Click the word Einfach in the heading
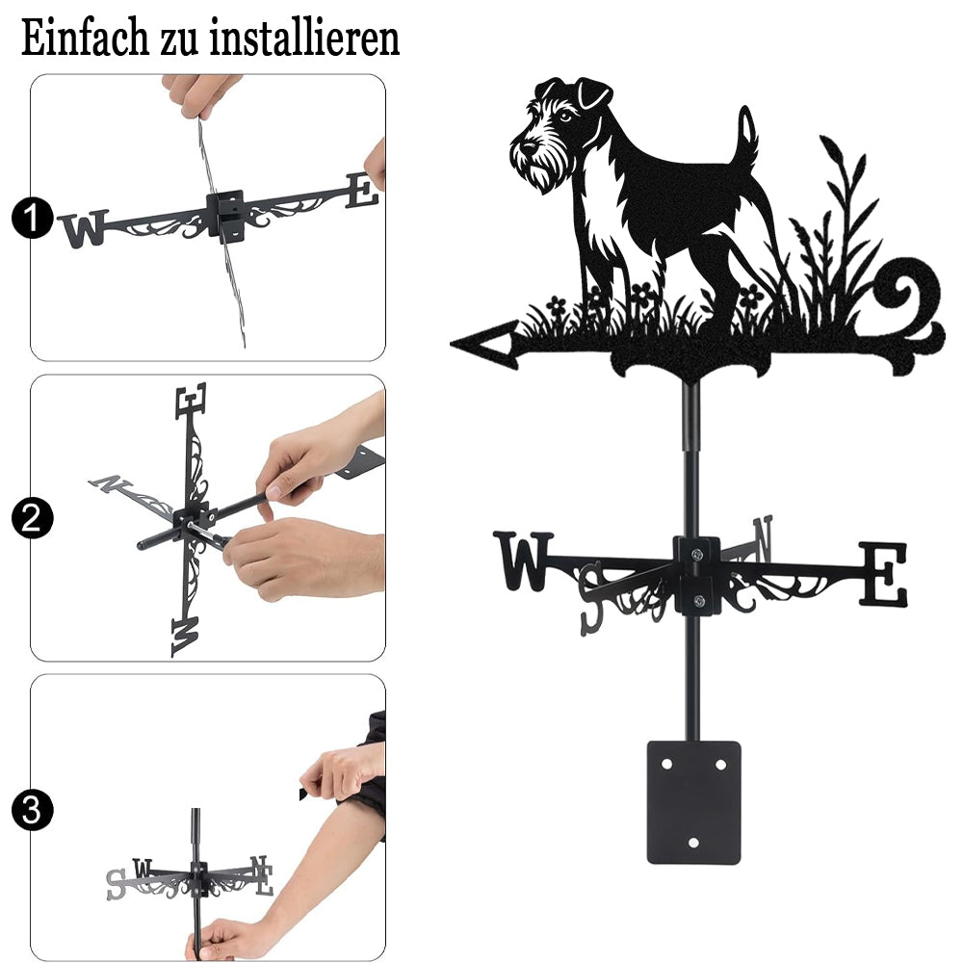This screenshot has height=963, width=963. pyautogui.click(x=85, y=39)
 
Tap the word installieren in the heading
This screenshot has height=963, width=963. pyautogui.click(x=304, y=39)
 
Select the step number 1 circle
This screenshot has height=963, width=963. pyautogui.click(x=32, y=218)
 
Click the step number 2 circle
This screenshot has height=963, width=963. pyautogui.click(x=32, y=518)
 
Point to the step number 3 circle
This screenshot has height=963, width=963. pyautogui.click(x=32, y=810)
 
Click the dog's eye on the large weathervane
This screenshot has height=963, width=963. pyautogui.click(x=565, y=117)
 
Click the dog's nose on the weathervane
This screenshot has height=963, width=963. pyautogui.click(x=527, y=148)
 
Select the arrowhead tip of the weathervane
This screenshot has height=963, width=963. pyautogui.click(x=452, y=344)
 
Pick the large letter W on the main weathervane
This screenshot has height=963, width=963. pyautogui.click(x=524, y=560)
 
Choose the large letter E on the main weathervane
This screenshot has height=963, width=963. pyautogui.click(x=882, y=575)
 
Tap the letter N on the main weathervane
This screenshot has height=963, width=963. pyautogui.click(x=763, y=538)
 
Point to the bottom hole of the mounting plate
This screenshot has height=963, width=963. pyautogui.click(x=693, y=843)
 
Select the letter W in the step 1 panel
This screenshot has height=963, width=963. pyautogui.click(x=84, y=228)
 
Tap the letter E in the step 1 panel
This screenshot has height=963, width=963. pyautogui.click(x=362, y=191)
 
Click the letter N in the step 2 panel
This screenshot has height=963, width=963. pyautogui.click(x=111, y=484)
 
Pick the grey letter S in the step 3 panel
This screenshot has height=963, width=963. pyautogui.click(x=117, y=884)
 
